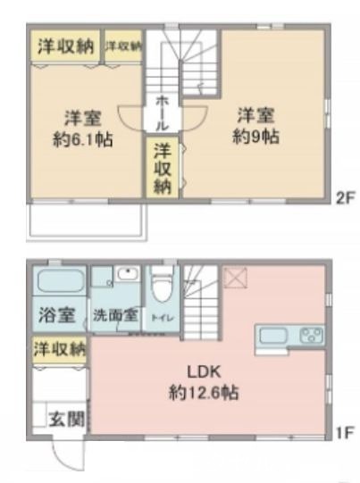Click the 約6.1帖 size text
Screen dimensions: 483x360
[x=81, y=140]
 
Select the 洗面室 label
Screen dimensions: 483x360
[x=115, y=315]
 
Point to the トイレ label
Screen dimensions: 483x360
[x=162, y=315]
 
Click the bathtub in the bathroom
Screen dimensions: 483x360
[x=60, y=285]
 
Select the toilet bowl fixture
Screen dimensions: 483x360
[x=162, y=287]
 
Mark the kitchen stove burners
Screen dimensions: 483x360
[x=311, y=337]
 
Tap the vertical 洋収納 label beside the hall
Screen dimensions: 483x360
[x=162, y=167]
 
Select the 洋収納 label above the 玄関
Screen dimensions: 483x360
[x=60, y=346]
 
